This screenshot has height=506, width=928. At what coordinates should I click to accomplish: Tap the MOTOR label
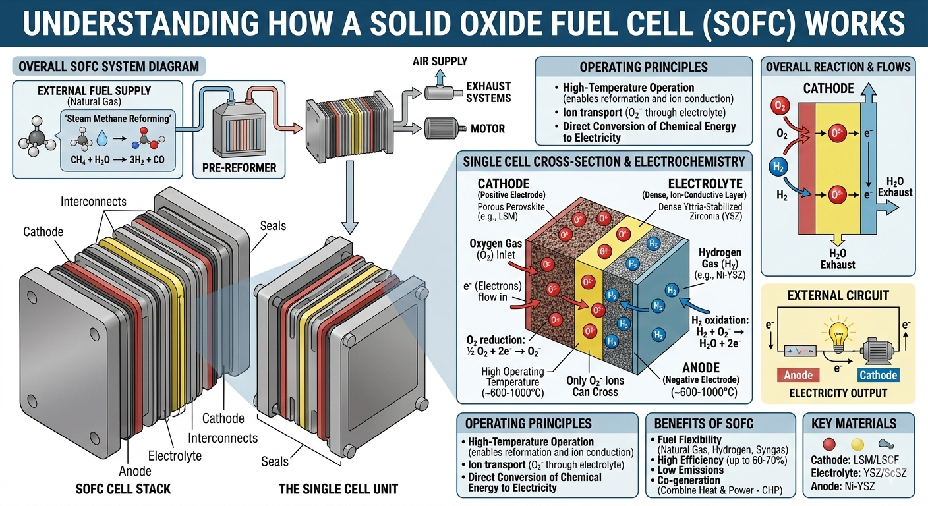[x=487, y=128]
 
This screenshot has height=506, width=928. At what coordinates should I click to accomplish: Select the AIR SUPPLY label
[x=440, y=61]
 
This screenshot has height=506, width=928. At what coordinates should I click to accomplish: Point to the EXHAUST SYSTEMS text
[x=488, y=92]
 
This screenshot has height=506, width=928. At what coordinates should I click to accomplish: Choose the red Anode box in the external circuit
[x=797, y=375]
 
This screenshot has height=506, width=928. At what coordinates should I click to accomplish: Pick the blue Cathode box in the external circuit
[x=878, y=375]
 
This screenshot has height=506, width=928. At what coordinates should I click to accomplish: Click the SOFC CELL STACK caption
[x=123, y=489]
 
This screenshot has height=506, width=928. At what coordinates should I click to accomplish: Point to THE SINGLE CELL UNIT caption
[x=338, y=489]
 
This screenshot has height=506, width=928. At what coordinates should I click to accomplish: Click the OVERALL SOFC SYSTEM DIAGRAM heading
[x=109, y=67]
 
